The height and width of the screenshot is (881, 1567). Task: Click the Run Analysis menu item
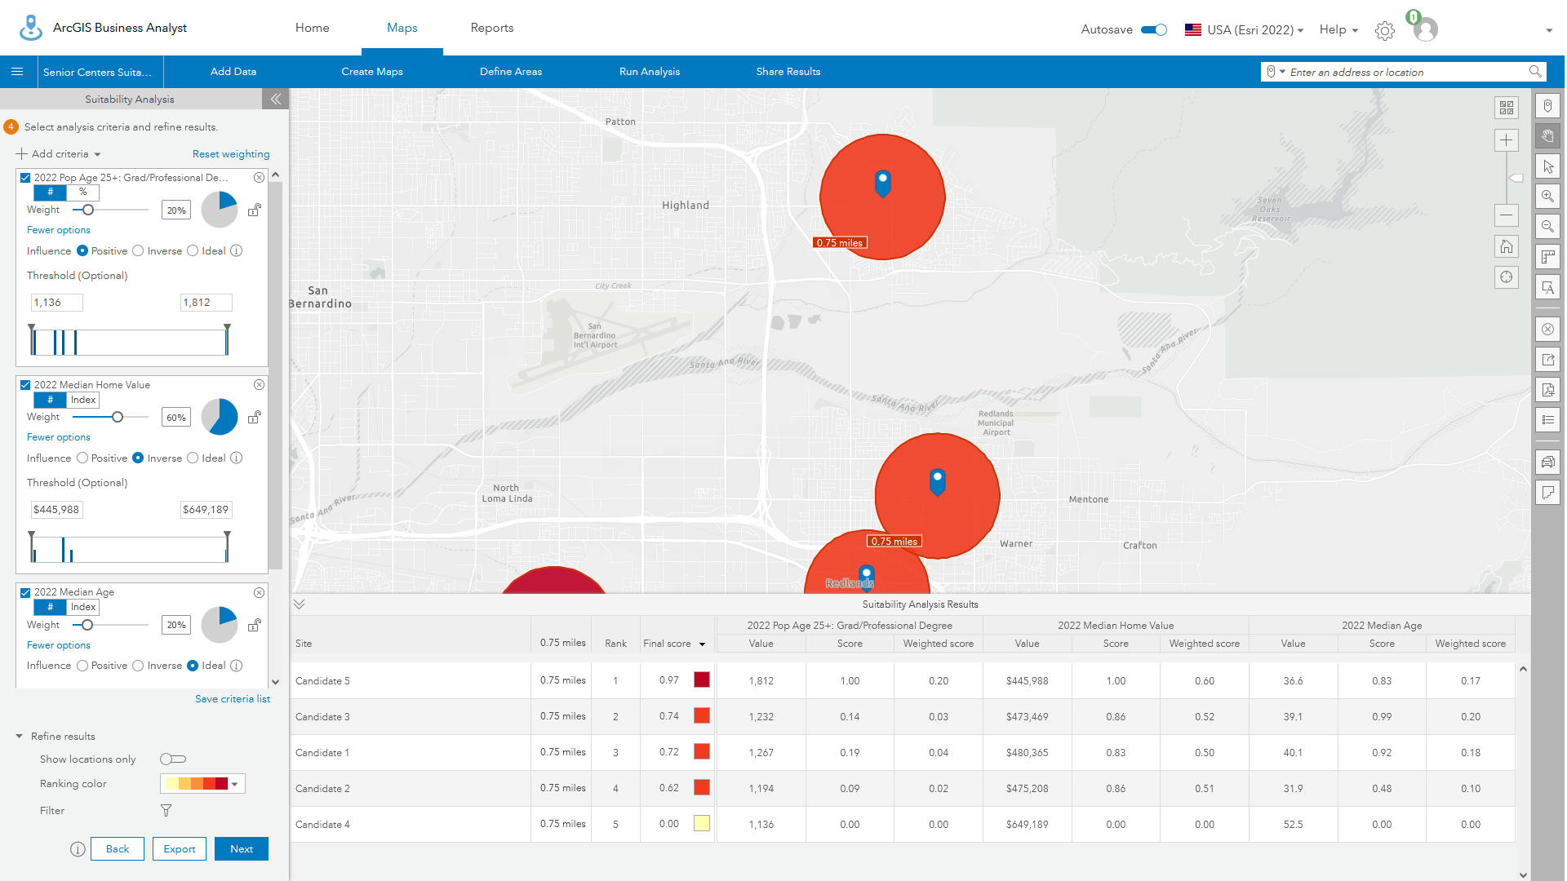coord(649,72)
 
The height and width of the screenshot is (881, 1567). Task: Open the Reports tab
coord(491,28)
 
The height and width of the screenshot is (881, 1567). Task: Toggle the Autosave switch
coord(1153,29)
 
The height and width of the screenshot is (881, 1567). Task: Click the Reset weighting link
coord(231,154)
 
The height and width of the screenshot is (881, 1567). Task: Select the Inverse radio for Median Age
coord(139,666)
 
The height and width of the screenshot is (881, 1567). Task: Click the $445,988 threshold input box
coord(56,510)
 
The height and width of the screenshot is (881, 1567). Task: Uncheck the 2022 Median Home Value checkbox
coord(25,385)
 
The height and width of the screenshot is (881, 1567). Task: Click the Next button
coord(241,849)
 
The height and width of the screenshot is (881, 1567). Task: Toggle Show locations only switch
coord(173,759)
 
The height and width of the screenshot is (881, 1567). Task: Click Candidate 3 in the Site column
coord(322,717)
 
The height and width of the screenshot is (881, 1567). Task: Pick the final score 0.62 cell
coord(668,789)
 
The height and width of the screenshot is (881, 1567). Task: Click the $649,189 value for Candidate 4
coord(1027,825)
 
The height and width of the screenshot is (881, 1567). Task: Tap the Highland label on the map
coord(685,206)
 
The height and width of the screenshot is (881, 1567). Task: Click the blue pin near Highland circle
coord(882,182)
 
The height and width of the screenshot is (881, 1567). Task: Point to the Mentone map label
coord(1088,499)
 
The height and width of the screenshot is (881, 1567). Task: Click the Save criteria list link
coord(232,699)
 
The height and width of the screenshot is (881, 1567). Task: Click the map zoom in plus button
coord(1506,140)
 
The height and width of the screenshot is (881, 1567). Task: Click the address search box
coord(1404,73)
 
